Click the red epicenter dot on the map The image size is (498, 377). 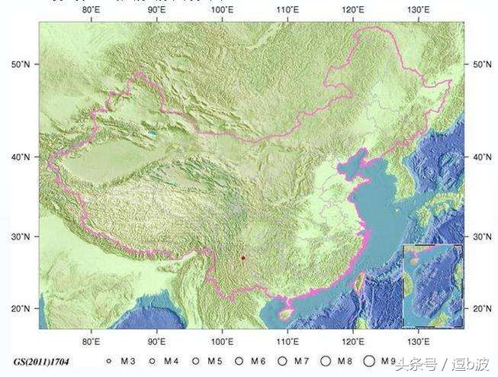(x=243, y=258)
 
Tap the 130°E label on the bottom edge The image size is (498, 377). (x=417, y=340)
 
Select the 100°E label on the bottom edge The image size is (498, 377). (x=222, y=340)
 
